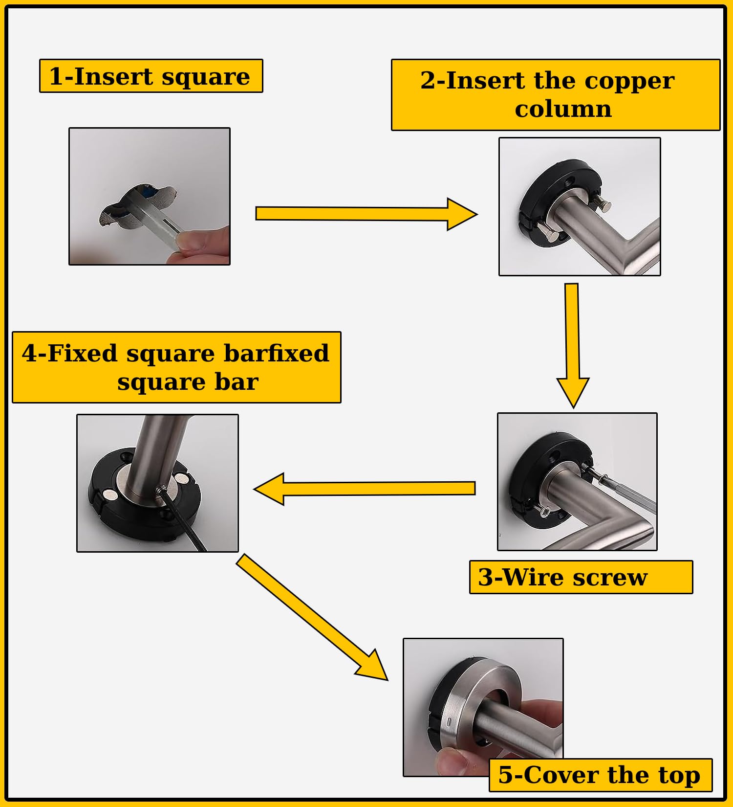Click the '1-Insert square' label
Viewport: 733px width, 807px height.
click(x=151, y=76)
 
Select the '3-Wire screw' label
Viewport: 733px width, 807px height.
click(x=581, y=577)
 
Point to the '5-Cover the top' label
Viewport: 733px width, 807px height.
click(x=600, y=775)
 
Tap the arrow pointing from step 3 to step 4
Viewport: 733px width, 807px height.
click(x=364, y=488)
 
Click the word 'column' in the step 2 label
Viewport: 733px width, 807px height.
click(x=563, y=109)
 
